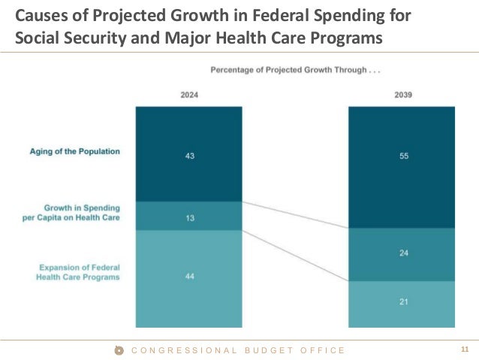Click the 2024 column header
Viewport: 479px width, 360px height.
coord(189,95)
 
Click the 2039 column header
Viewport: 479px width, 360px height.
coord(402,95)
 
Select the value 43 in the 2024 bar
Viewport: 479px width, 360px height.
coord(189,156)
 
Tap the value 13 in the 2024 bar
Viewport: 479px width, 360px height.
coord(189,217)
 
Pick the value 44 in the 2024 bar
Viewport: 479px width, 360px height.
coord(189,276)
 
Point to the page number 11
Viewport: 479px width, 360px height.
coord(464,350)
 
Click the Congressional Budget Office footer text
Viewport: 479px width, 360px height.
coord(238,350)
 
